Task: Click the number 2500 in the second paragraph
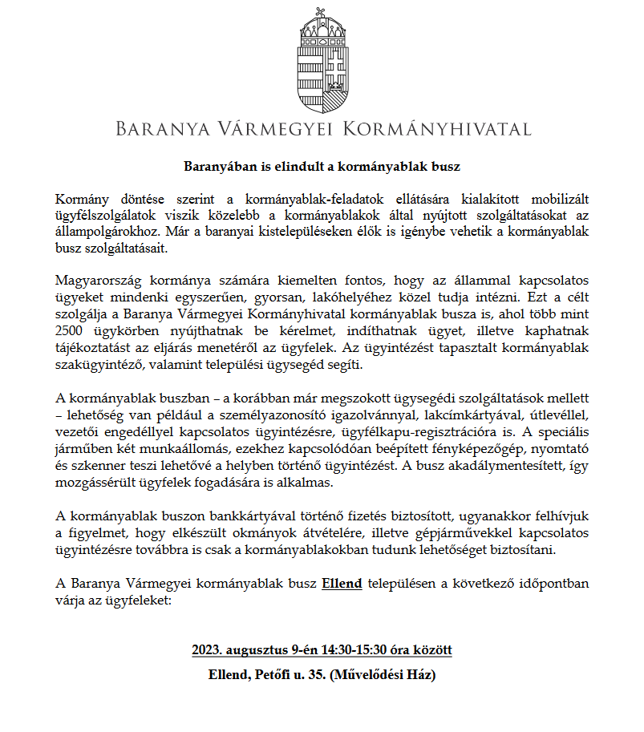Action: click(71, 330)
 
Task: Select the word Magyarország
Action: click(95, 280)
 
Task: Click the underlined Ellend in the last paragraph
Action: click(342, 583)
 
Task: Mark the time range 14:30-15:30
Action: click(352, 649)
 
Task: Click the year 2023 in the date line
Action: click(206, 649)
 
